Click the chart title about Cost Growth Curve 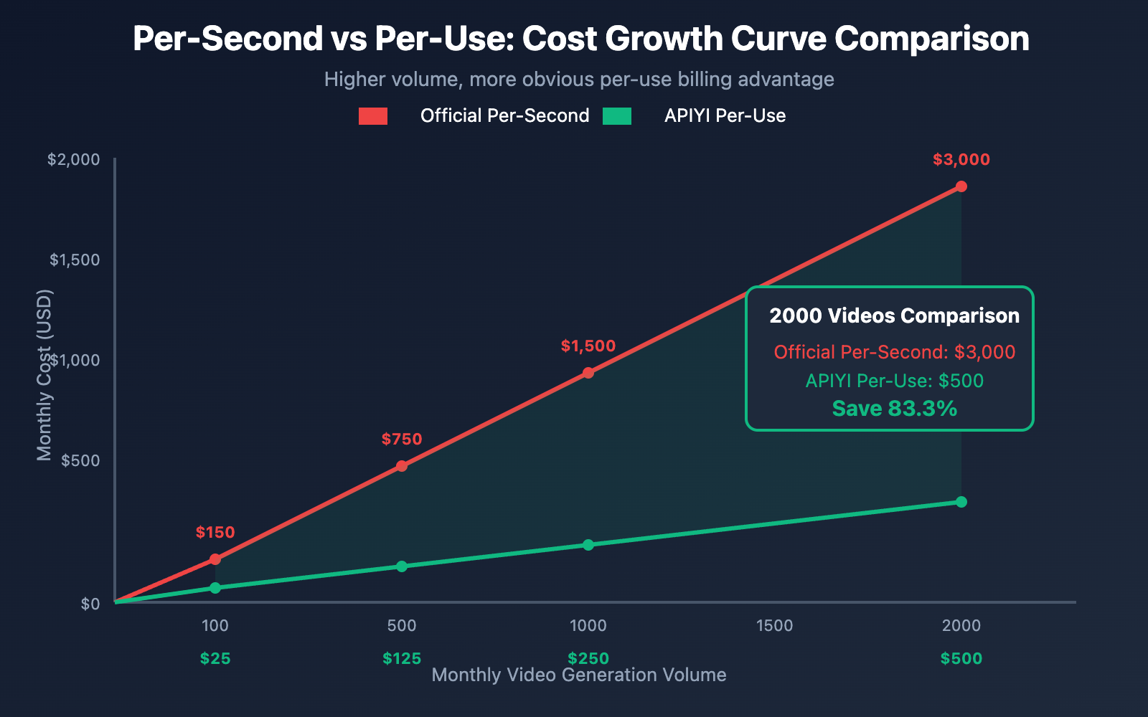click(x=580, y=39)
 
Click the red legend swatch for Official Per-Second click(x=373, y=116)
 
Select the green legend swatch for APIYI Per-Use click(x=617, y=116)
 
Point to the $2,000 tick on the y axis click(x=74, y=159)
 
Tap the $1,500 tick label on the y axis click(x=75, y=260)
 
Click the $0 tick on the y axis click(x=90, y=604)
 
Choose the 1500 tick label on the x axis click(x=775, y=625)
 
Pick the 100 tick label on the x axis click(x=215, y=625)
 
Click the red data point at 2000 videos click(x=961, y=186)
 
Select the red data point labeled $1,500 click(x=588, y=373)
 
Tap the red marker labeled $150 click(x=215, y=559)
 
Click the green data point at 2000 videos click(x=961, y=502)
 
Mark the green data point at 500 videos click(x=402, y=566)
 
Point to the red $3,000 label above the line click(x=961, y=160)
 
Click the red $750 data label click(x=402, y=439)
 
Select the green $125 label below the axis click(x=402, y=658)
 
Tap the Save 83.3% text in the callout click(x=895, y=409)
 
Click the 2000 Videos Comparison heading click(x=895, y=316)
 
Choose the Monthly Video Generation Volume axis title click(x=579, y=675)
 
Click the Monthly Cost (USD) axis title click(x=44, y=375)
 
